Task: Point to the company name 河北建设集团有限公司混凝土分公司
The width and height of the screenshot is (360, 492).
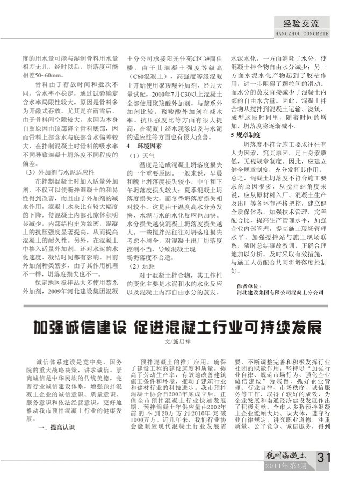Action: [280, 293]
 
